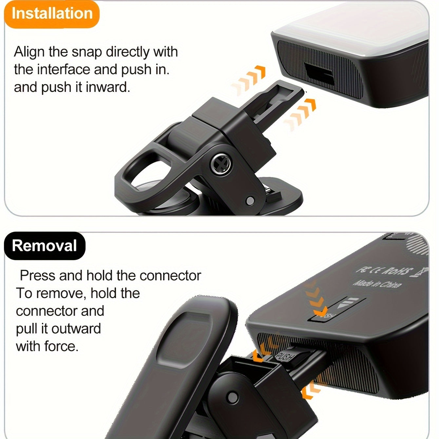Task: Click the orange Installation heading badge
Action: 52,14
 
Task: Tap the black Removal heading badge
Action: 45,246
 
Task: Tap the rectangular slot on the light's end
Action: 319,74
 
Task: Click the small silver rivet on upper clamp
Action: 250,200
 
